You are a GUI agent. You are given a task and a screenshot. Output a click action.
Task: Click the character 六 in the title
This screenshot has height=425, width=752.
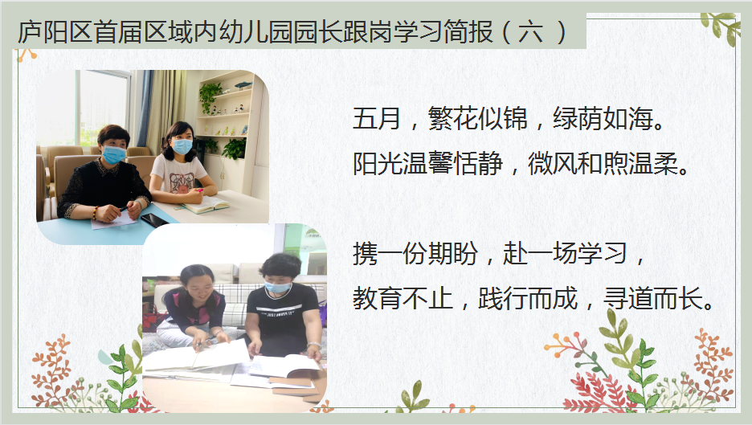530,32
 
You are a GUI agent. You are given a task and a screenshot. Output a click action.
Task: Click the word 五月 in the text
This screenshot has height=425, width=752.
377,118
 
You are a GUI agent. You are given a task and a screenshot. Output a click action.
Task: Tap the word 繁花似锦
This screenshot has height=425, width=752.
478,118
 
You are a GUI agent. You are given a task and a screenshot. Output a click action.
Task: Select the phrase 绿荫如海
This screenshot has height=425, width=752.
603,118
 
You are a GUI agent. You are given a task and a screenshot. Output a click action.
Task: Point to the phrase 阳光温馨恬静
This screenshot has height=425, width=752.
427,164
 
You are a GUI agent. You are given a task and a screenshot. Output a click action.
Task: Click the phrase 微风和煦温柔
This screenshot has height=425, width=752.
603,164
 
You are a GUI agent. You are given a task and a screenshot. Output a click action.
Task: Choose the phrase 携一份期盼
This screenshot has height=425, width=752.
415,253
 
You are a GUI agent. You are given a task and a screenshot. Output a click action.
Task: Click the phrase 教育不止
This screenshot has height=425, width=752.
403,298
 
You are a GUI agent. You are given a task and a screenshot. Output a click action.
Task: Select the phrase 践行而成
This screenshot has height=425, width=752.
528,298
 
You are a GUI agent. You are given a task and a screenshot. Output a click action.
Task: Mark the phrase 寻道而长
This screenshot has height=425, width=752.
652,298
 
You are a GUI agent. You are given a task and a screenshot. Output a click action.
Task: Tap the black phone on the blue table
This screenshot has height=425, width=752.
154,220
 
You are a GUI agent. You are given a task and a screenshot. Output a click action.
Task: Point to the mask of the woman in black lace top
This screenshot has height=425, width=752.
113,154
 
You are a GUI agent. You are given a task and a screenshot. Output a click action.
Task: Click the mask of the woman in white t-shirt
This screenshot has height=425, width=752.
182,146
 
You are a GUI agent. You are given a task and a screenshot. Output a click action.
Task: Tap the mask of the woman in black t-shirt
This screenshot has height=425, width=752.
277,288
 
